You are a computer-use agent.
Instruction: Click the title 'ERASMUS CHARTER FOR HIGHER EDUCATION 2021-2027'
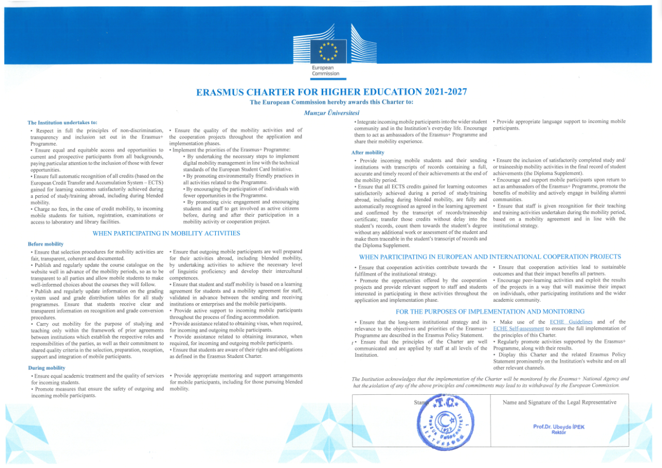click(x=332, y=92)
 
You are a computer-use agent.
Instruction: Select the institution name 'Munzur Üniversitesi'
click(x=332, y=113)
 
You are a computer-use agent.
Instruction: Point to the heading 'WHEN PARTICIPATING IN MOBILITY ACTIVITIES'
click(x=166, y=233)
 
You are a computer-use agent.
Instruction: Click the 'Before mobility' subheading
click(x=46, y=244)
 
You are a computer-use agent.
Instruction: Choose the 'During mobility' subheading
click(x=46, y=368)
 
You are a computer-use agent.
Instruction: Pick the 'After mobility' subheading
click(x=368, y=152)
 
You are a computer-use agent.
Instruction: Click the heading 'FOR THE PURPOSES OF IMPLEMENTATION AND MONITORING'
click(x=490, y=312)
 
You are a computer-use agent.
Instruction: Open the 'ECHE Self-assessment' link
click(x=518, y=329)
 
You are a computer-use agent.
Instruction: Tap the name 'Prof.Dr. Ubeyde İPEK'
click(x=559, y=426)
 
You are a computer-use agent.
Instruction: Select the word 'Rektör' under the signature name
click(x=559, y=432)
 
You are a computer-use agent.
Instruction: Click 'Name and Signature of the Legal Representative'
click(x=560, y=403)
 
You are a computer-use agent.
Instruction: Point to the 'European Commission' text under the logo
click(x=325, y=71)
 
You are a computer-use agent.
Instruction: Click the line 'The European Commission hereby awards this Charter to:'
click(x=332, y=102)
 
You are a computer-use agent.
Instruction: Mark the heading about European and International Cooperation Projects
click(x=490, y=257)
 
